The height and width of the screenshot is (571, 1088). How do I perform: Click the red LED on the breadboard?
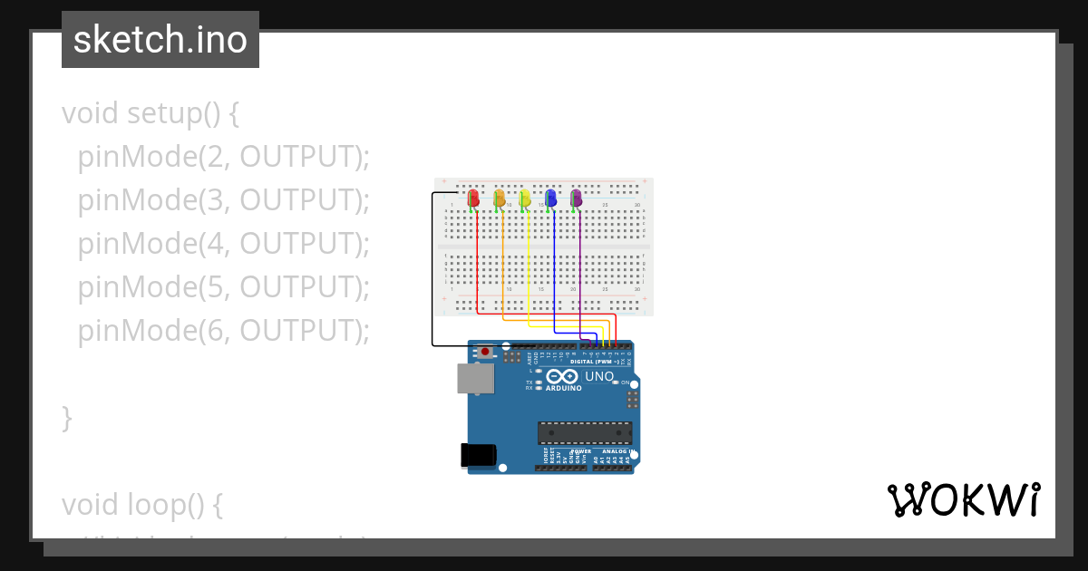(472, 198)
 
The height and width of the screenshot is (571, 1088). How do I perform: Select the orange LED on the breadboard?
(499, 198)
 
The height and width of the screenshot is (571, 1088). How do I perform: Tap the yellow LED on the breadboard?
(524, 198)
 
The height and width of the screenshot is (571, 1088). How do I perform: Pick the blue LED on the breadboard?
(550, 198)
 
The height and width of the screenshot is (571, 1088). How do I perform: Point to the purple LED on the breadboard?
(576, 198)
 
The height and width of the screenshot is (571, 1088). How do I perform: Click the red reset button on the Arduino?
(486, 351)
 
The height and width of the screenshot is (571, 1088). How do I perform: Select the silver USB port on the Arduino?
(475, 378)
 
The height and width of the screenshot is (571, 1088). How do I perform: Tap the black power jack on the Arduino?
(479, 454)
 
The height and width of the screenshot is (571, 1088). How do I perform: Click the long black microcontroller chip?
(584, 433)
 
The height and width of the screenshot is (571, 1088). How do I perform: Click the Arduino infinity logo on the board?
(562, 377)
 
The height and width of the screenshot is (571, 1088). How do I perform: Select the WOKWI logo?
(963, 499)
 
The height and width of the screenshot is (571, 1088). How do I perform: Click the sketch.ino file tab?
(160, 40)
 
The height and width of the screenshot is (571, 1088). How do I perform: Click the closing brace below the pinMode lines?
(66, 418)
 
